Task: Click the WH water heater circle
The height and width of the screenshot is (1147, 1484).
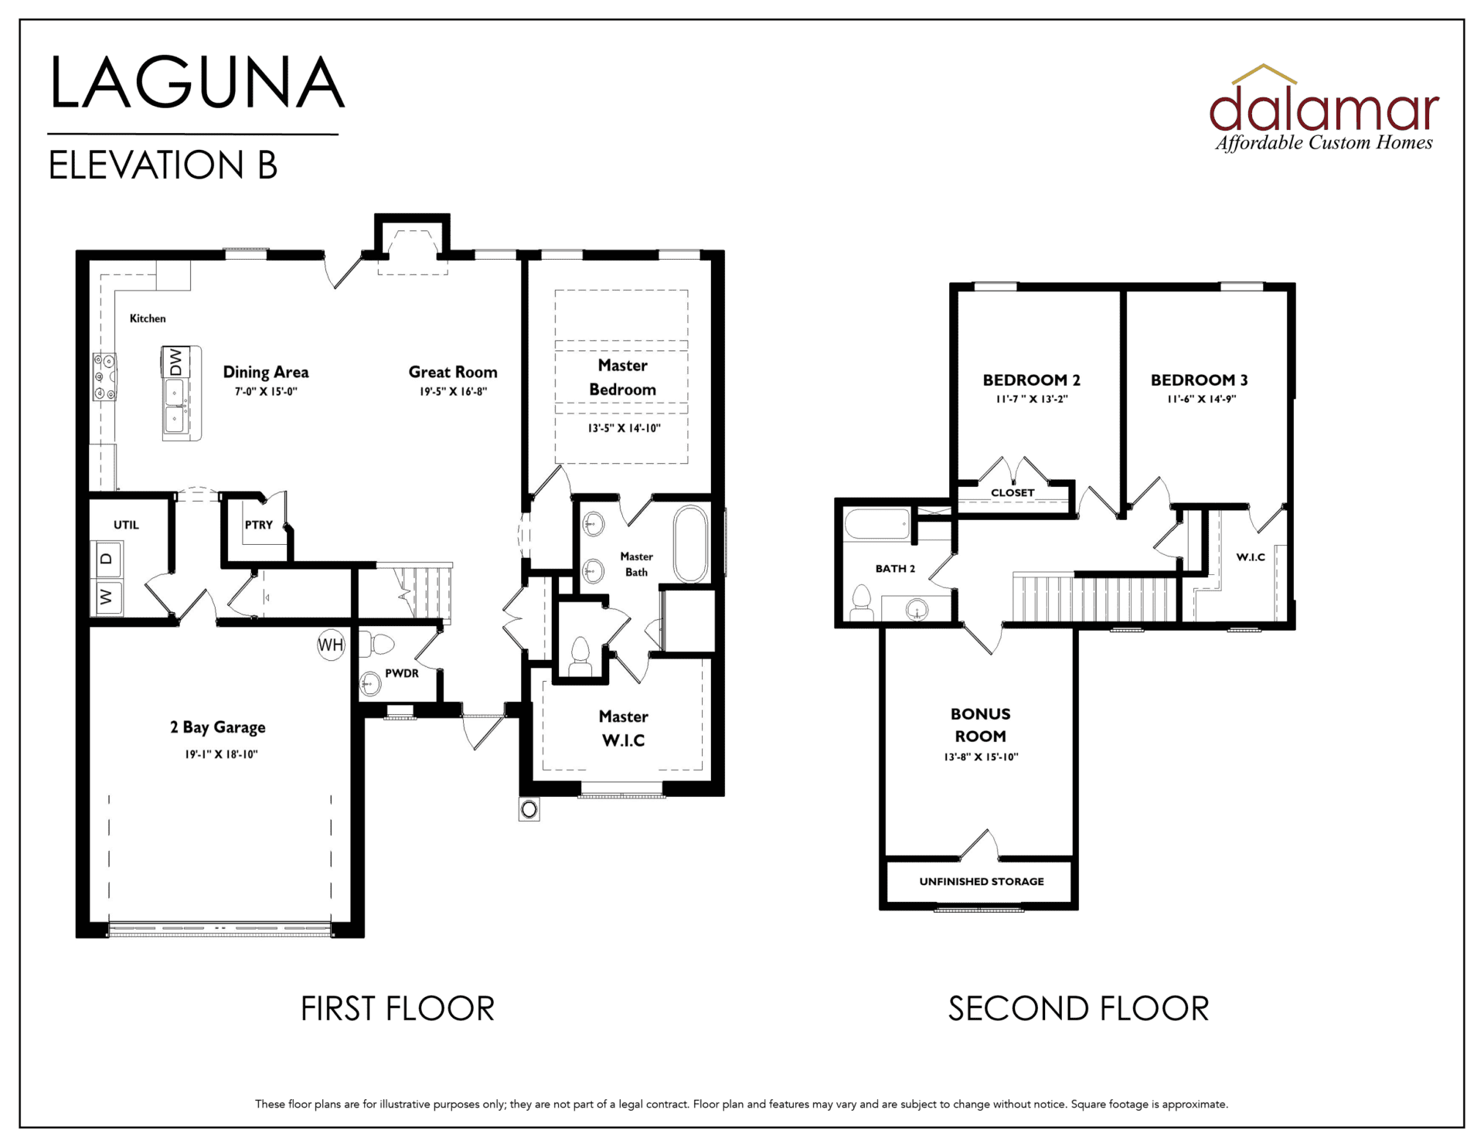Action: coord(331,645)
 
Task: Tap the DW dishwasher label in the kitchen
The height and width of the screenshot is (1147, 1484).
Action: coord(175,362)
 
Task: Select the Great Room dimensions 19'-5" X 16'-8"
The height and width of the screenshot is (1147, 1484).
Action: coord(453,392)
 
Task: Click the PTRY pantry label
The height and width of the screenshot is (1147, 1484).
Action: coord(259,525)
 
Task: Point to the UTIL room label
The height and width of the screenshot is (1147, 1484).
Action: coord(126,525)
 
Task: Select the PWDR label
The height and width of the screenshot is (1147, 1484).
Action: coord(402,673)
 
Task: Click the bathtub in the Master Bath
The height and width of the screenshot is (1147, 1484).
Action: coord(690,544)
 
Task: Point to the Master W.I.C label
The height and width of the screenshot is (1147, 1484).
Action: coord(623,728)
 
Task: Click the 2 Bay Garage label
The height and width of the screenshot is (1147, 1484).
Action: coord(218,727)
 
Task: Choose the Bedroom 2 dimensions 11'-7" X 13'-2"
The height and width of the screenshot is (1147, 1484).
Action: coord(1032,400)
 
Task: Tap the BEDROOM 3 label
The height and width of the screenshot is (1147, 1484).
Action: coord(1199,379)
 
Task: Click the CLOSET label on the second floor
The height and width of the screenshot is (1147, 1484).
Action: coord(1013,492)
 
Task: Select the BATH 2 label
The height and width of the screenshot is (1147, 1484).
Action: coord(895,568)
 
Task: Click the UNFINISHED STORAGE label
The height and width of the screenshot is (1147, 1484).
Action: coord(982,881)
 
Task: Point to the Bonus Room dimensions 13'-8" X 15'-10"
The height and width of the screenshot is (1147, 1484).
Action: coord(981,757)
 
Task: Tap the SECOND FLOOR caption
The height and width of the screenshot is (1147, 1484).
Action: coord(1078,1009)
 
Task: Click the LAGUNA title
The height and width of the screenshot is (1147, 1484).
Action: coord(197,83)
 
